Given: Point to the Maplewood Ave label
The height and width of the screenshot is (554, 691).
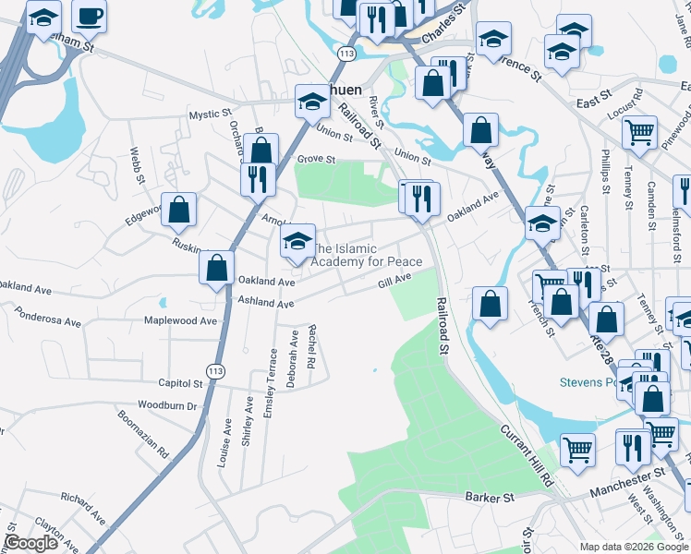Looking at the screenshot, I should pyautogui.click(x=180, y=321).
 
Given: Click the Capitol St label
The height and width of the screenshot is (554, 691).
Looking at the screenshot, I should pyautogui.click(x=180, y=383).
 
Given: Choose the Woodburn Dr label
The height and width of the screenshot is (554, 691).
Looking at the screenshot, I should pyautogui.click(x=167, y=405).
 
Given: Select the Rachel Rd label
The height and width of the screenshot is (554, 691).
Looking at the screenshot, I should pyautogui.click(x=312, y=346).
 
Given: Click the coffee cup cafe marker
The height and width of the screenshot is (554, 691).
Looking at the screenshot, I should pyautogui.click(x=89, y=16).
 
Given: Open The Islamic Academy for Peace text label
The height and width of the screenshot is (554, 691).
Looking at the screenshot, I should pyautogui.click(x=367, y=256).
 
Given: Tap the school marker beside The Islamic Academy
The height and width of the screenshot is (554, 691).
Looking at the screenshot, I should pyautogui.click(x=296, y=242).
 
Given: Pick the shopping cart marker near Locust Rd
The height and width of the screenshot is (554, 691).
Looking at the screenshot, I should pyautogui.click(x=639, y=133).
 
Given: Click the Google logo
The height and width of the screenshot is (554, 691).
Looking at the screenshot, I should pyautogui.click(x=30, y=543).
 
